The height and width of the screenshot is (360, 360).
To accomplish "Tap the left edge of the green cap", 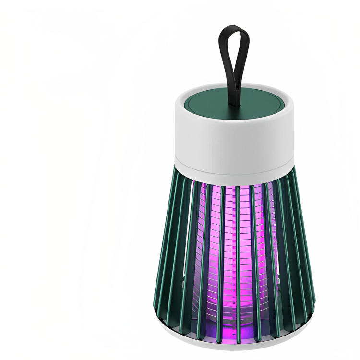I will point(184,102).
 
